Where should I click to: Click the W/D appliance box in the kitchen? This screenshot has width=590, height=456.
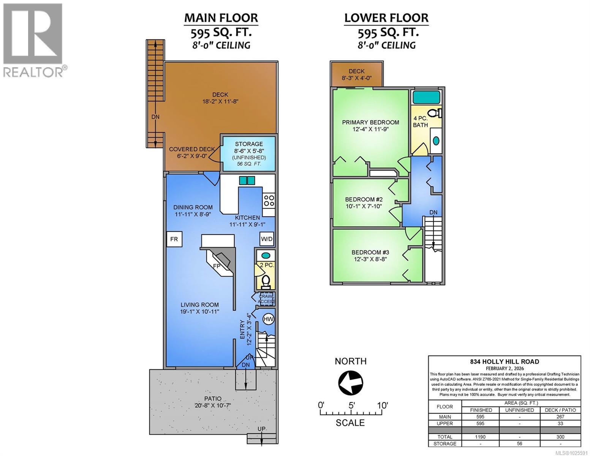tap(266, 239)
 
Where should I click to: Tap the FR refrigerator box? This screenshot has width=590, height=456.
tap(174, 239)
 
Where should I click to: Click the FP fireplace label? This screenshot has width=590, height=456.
tap(217, 266)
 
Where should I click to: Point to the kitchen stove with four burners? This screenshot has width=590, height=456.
tap(269, 200)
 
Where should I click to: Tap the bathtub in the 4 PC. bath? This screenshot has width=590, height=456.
tap(426, 98)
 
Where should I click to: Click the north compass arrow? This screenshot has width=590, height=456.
tap(350, 383)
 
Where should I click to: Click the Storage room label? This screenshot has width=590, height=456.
tap(249, 144)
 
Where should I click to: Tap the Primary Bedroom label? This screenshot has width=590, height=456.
tap(370, 122)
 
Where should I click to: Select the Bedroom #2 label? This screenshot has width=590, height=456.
tap(364, 199)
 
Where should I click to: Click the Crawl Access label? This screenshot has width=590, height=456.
tap(266, 299)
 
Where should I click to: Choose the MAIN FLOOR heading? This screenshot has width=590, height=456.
tap(221, 18)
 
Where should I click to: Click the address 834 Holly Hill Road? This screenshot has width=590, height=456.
tap(505, 362)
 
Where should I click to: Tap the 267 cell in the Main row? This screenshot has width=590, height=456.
tap(560, 417)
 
